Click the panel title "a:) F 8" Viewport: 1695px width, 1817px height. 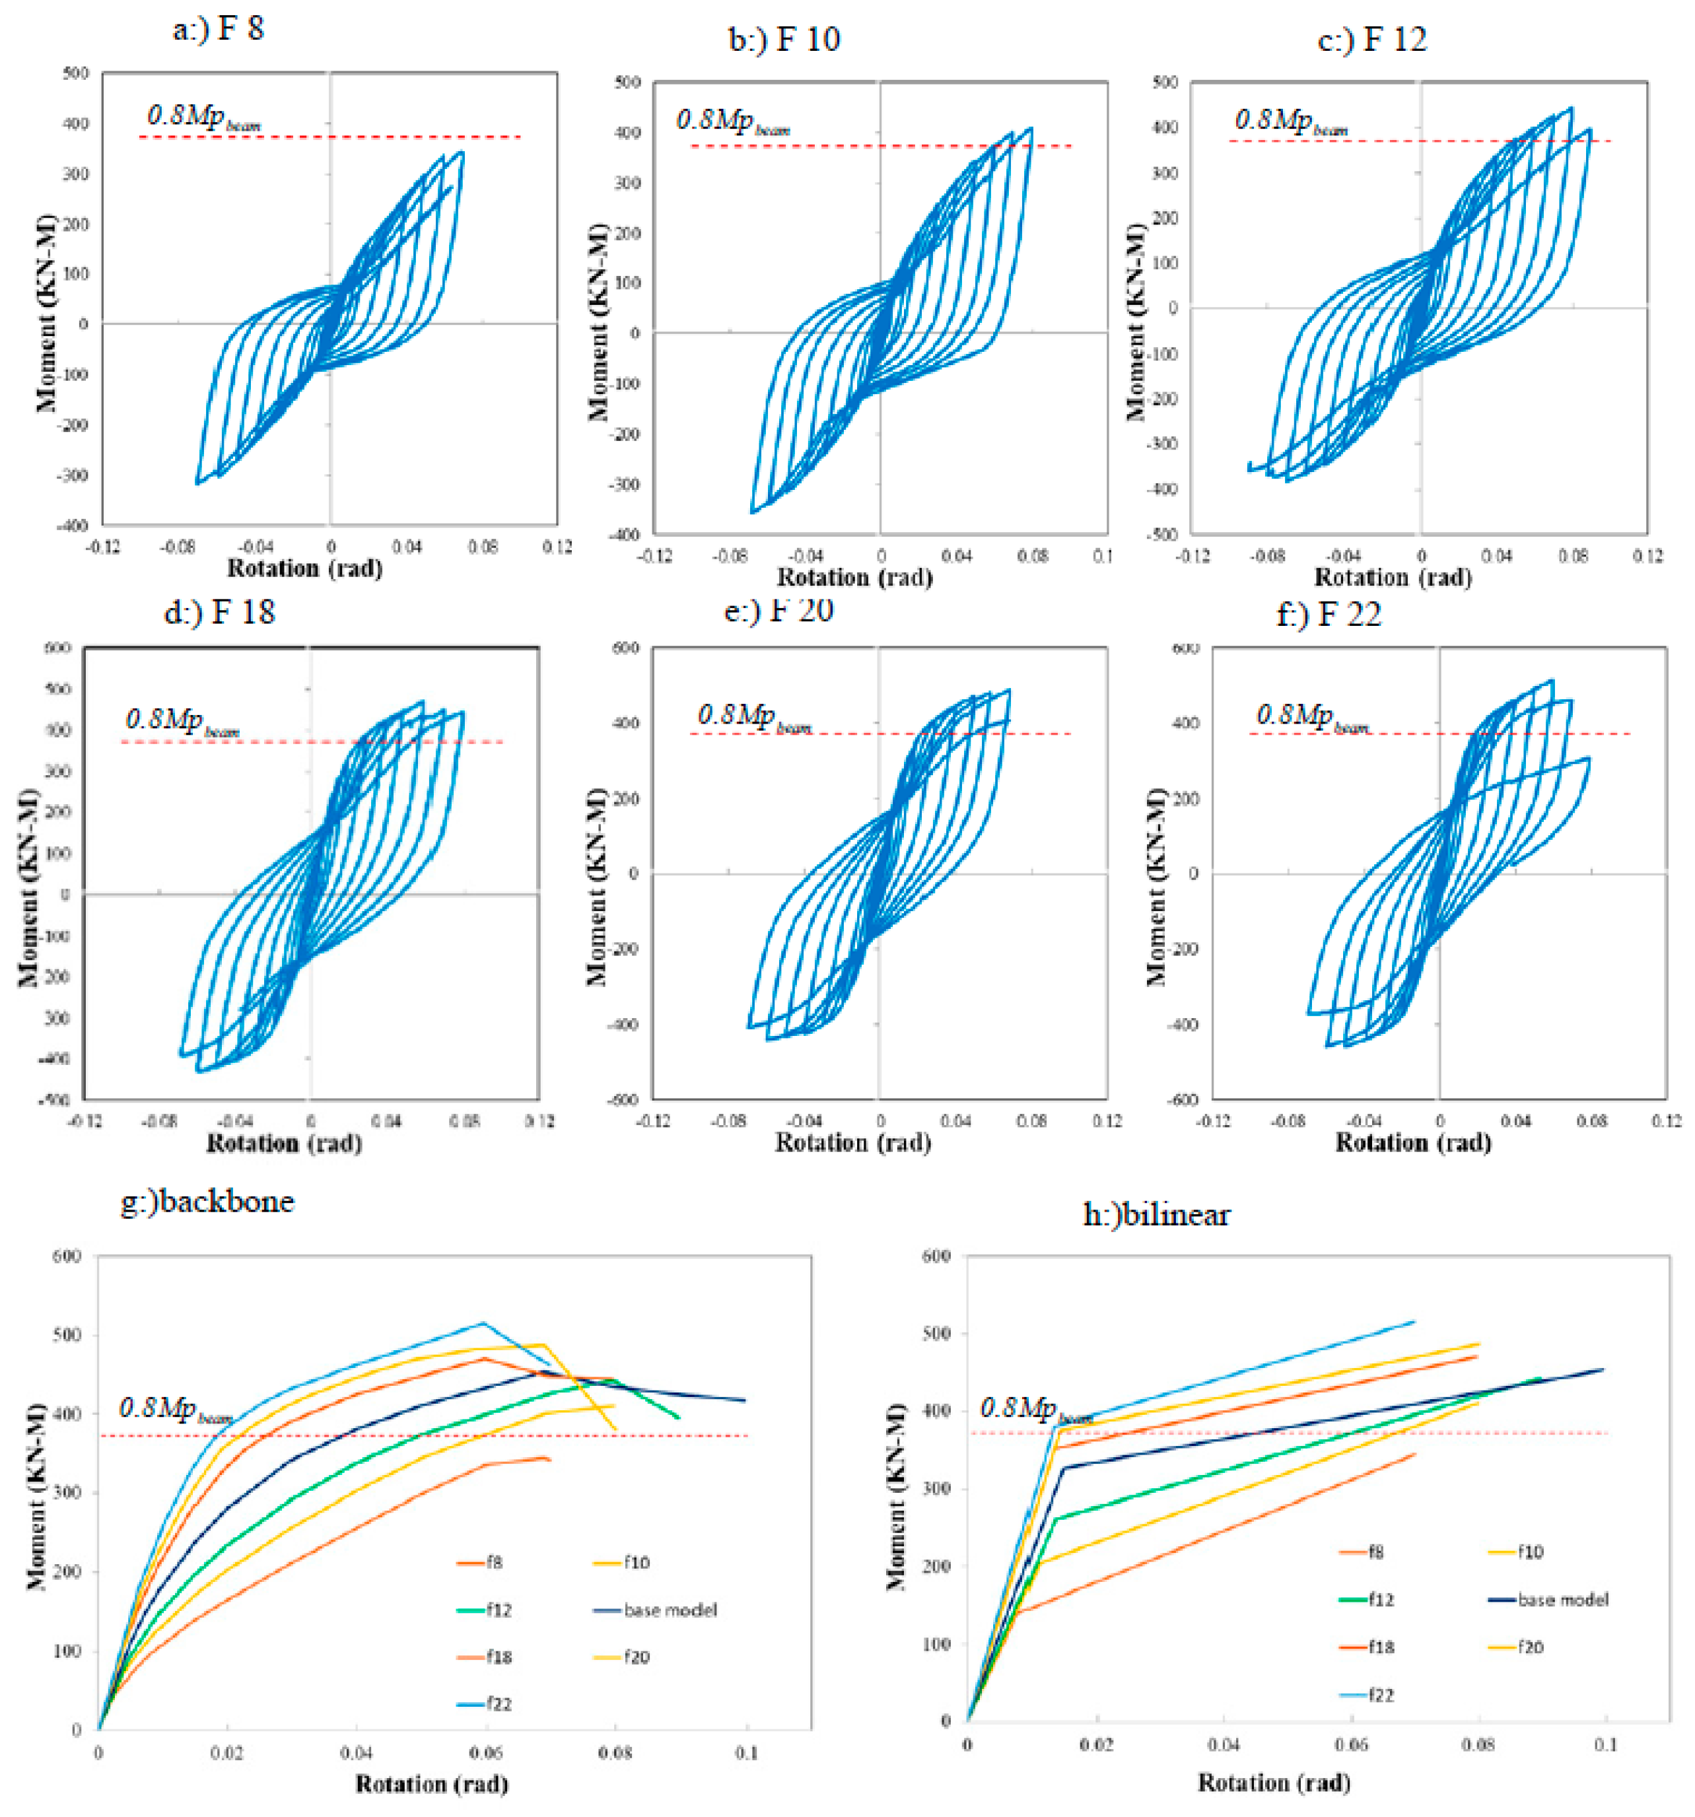tap(218, 29)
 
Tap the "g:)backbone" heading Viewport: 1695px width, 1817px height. tap(207, 1200)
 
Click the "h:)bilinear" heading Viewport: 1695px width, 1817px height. tap(1156, 1215)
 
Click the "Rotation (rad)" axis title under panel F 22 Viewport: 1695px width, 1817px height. tap(1412, 1142)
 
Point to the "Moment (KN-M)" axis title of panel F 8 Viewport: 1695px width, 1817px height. tap(46, 314)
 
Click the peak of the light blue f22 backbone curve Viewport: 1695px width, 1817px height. tap(483, 1322)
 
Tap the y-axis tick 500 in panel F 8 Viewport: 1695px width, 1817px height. tap(75, 73)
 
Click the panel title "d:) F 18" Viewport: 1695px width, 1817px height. tap(219, 611)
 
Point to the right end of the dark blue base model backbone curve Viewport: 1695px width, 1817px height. tap(745, 1400)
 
